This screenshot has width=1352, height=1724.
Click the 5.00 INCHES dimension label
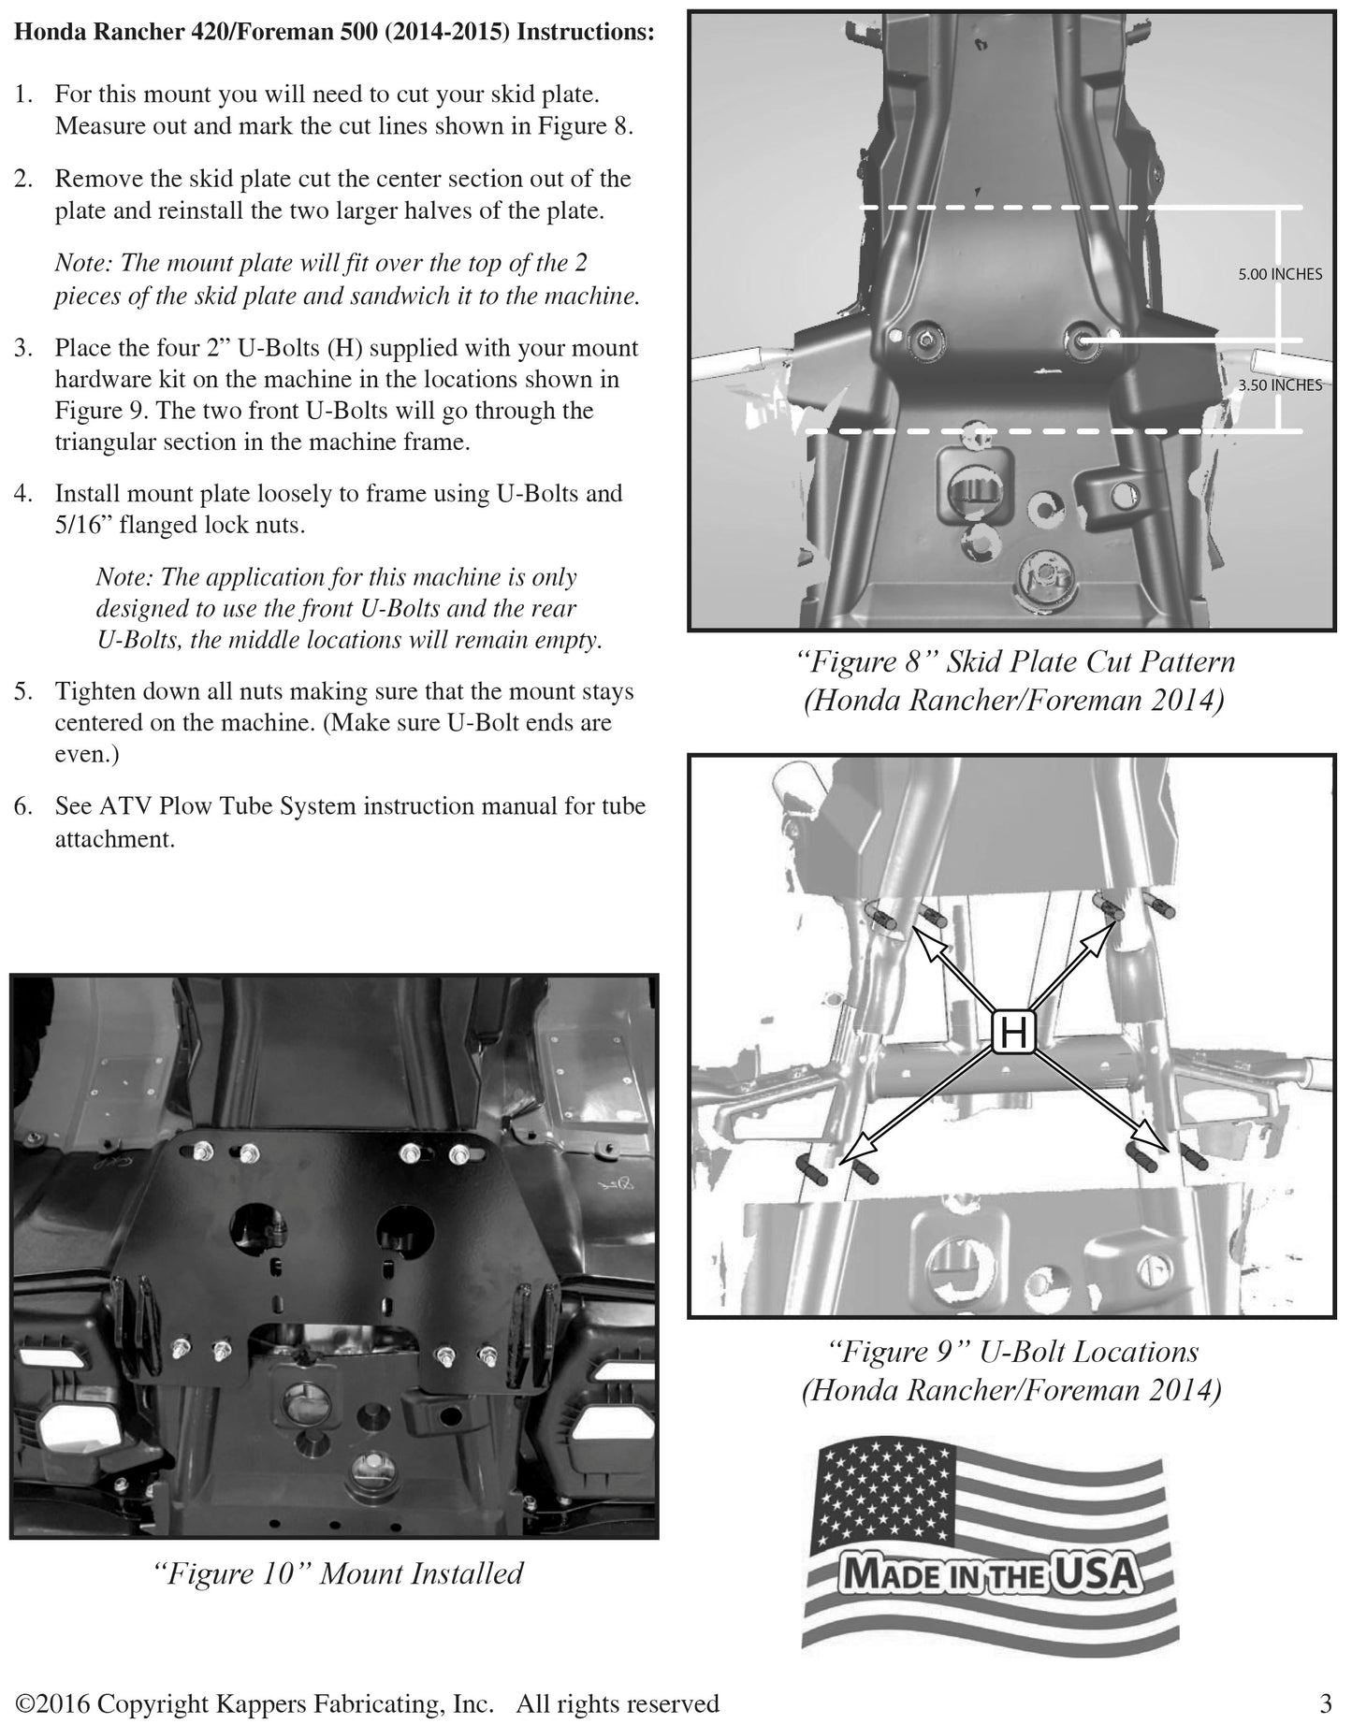tap(1279, 274)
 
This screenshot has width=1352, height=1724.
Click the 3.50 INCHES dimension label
tap(1279, 384)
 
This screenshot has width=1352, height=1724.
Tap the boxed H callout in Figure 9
tap(1013, 1033)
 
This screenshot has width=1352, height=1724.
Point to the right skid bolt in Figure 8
tap(1085, 340)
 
